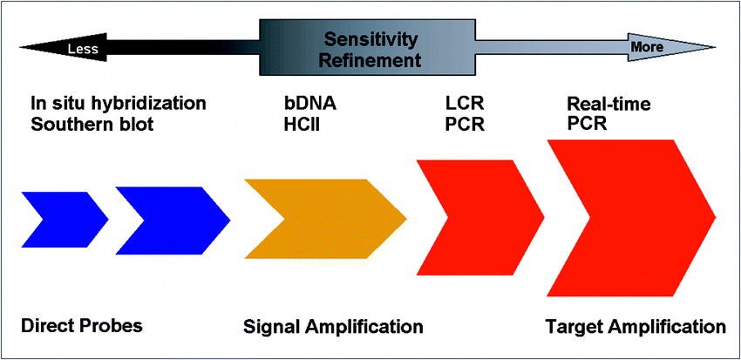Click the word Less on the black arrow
pyautogui.click(x=84, y=49)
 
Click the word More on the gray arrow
pyautogui.click(x=647, y=46)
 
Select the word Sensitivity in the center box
pyautogui.click(x=370, y=39)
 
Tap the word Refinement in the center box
pyautogui.click(x=370, y=61)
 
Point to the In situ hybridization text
pyautogui.click(x=119, y=104)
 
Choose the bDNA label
pyautogui.click(x=304, y=104)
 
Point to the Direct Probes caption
pyautogui.click(x=81, y=327)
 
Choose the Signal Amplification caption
pyautogui.click(x=333, y=328)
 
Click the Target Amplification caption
pyautogui.click(x=635, y=328)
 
